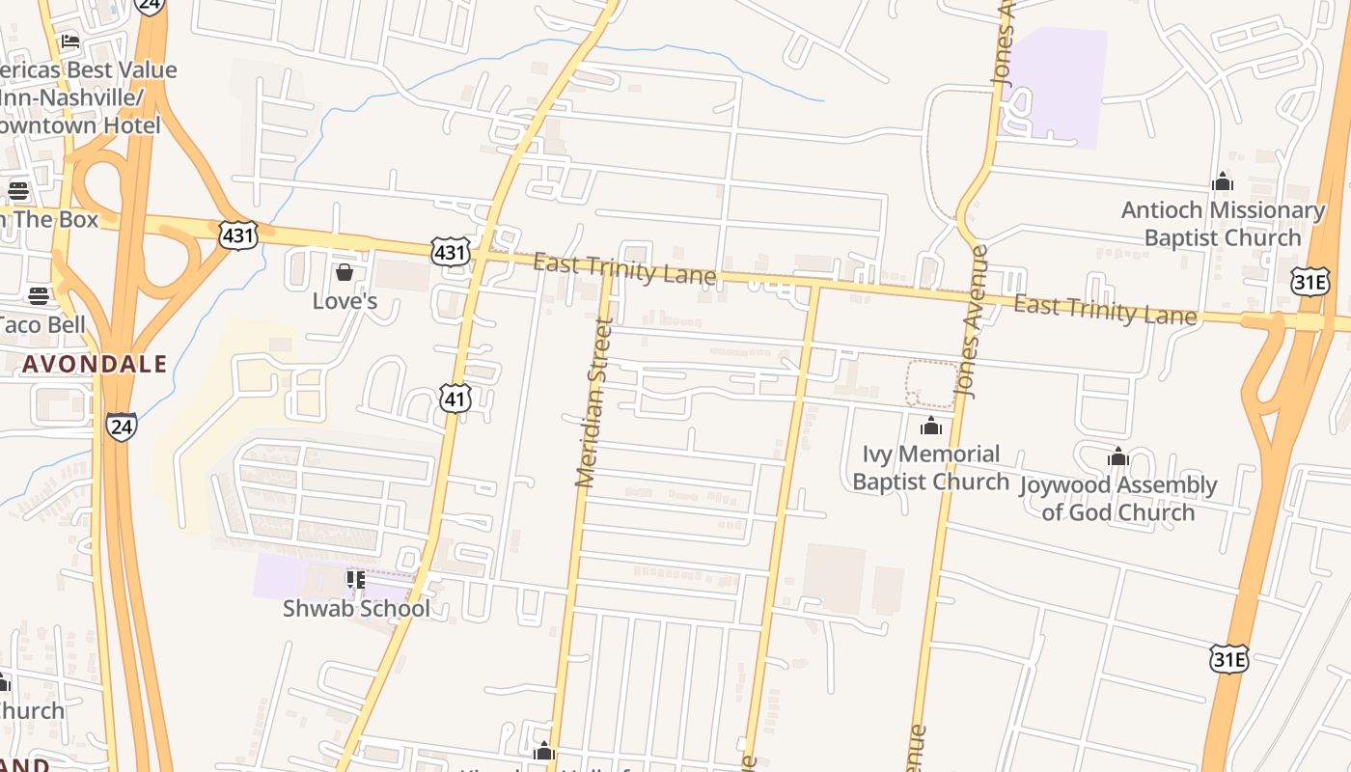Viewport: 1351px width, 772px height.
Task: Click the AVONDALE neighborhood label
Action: click(x=95, y=365)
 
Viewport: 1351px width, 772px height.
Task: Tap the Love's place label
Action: click(x=345, y=301)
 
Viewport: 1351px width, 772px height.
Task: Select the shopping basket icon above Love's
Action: click(x=345, y=273)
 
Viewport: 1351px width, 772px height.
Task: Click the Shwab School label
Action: click(x=356, y=609)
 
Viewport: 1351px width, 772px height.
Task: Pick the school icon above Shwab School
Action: click(x=356, y=580)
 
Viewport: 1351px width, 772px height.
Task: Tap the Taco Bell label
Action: click(x=42, y=324)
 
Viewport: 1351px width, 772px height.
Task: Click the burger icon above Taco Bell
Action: click(x=39, y=295)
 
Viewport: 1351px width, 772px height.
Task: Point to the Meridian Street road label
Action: click(x=593, y=403)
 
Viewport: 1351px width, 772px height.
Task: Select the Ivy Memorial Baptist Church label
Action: click(x=930, y=467)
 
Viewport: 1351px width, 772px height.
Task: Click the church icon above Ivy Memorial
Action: click(x=931, y=425)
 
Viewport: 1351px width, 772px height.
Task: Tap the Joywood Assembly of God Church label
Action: click(x=1118, y=498)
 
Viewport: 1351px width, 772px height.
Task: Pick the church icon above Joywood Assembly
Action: click(x=1118, y=456)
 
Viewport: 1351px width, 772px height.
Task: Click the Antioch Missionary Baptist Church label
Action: click(x=1223, y=224)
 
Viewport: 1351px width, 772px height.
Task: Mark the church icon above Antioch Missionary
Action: click(x=1223, y=181)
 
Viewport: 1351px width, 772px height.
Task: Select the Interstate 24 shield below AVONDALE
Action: click(x=122, y=427)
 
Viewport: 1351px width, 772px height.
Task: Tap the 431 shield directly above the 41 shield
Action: click(x=451, y=254)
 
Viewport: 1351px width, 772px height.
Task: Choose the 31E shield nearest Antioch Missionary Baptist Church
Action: click(x=1310, y=281)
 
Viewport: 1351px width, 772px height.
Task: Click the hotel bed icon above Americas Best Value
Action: click(x=70, y=41)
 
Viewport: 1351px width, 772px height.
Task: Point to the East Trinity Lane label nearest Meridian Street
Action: click(x=624, y=269)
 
